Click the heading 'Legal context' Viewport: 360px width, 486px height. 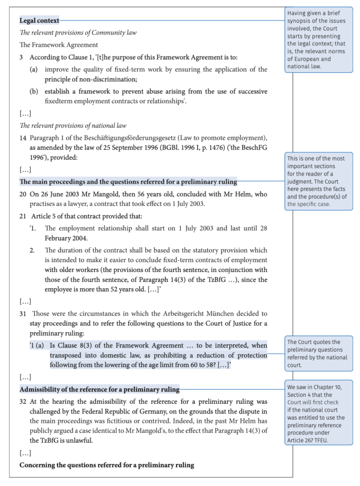(x=39, y=20)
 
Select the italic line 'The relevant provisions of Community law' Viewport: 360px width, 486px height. (x=78, y=33)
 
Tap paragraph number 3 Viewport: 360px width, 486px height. (x=21, y=57)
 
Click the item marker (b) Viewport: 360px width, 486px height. (x=34, y=91)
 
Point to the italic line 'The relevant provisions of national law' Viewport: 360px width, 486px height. (x=73, y=126)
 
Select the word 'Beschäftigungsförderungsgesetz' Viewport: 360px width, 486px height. (x=116, y=138)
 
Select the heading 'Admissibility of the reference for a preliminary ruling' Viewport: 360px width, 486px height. (x=99, y=389)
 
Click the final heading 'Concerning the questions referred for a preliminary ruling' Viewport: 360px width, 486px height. (x=107, y=465)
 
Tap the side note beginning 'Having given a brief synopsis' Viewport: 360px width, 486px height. (x=318, y=39)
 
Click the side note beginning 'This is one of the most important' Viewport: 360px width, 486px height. (x=318, y=181)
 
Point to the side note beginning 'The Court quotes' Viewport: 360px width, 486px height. (x=318, y=354)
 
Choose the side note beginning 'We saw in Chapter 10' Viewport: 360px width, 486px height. (x=318, y=412)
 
